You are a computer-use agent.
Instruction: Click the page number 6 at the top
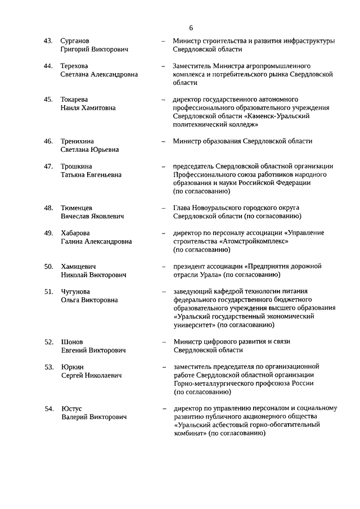click(x=191, y=28)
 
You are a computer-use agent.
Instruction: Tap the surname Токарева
click(x=76, y=99)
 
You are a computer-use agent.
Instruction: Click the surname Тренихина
click(x=79, y=141)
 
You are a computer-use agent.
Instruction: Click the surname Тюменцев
click(x=77, y=208)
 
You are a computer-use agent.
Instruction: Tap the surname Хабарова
click(x=75, y=233)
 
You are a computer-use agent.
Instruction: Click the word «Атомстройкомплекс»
click(x=253, y=241)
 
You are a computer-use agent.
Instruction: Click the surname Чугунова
click(x=75, y=291)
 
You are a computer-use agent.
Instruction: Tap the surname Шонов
click(x=72, y=341)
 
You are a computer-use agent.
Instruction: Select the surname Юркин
click(x=72, y=367)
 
